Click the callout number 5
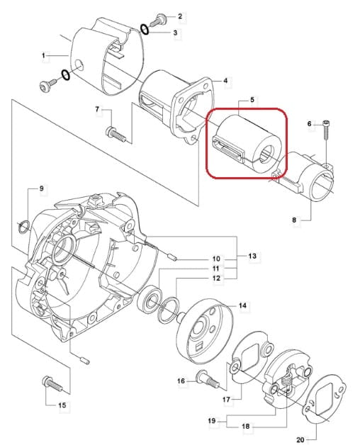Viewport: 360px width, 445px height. (252, 100)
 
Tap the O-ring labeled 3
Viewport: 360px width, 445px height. (145, 30)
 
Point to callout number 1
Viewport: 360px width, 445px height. (43, 55)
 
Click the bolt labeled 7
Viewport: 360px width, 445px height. (116, 134)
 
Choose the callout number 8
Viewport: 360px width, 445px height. (294, 220)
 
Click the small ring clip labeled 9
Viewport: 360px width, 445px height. (23, 226)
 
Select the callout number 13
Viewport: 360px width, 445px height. (252, 256)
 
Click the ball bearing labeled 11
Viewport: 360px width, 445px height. (150, 300)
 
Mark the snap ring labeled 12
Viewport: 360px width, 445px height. (169, 310)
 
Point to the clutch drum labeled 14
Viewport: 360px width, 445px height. (205, 331)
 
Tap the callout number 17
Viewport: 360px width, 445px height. (226, 400)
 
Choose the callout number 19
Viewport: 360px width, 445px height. (212, 421)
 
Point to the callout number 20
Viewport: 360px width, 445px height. (300, 440)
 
